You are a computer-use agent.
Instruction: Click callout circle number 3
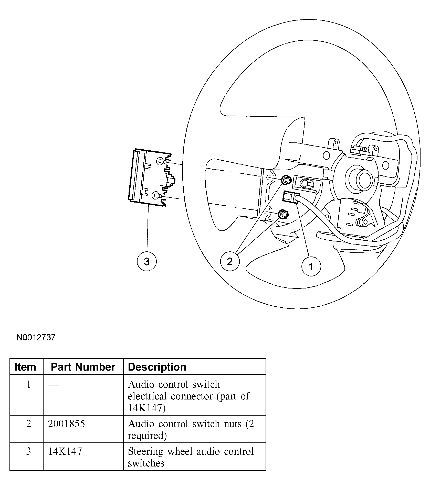[146, 261]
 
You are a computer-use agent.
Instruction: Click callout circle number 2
[230, 261]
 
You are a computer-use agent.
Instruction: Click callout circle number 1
[311, 267]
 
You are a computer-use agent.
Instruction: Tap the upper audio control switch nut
[286, 180]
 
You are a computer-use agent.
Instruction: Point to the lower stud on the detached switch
[156, 196]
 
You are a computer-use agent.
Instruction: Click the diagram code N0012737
[36, 338]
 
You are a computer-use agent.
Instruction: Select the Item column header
[25, 367]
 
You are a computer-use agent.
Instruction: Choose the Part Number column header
[83, 367]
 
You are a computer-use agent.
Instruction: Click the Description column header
[157, 367]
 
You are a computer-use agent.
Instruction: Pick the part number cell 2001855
[66, 424]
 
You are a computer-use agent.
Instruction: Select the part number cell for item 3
[65, 452]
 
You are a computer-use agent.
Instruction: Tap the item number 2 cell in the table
[28, 424]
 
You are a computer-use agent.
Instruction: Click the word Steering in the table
[145, 452]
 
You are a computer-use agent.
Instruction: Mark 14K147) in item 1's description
[146, 408]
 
